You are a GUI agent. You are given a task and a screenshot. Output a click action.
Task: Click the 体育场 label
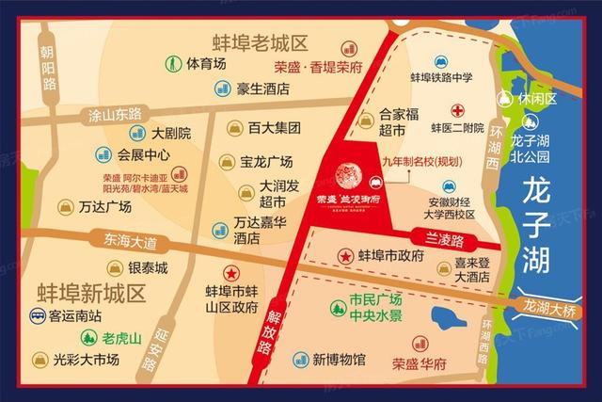[x=206, y=64]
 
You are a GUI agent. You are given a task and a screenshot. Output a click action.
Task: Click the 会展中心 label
[x=144, y=154]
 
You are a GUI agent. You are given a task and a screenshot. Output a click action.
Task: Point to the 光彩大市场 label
[x=91, y=359]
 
